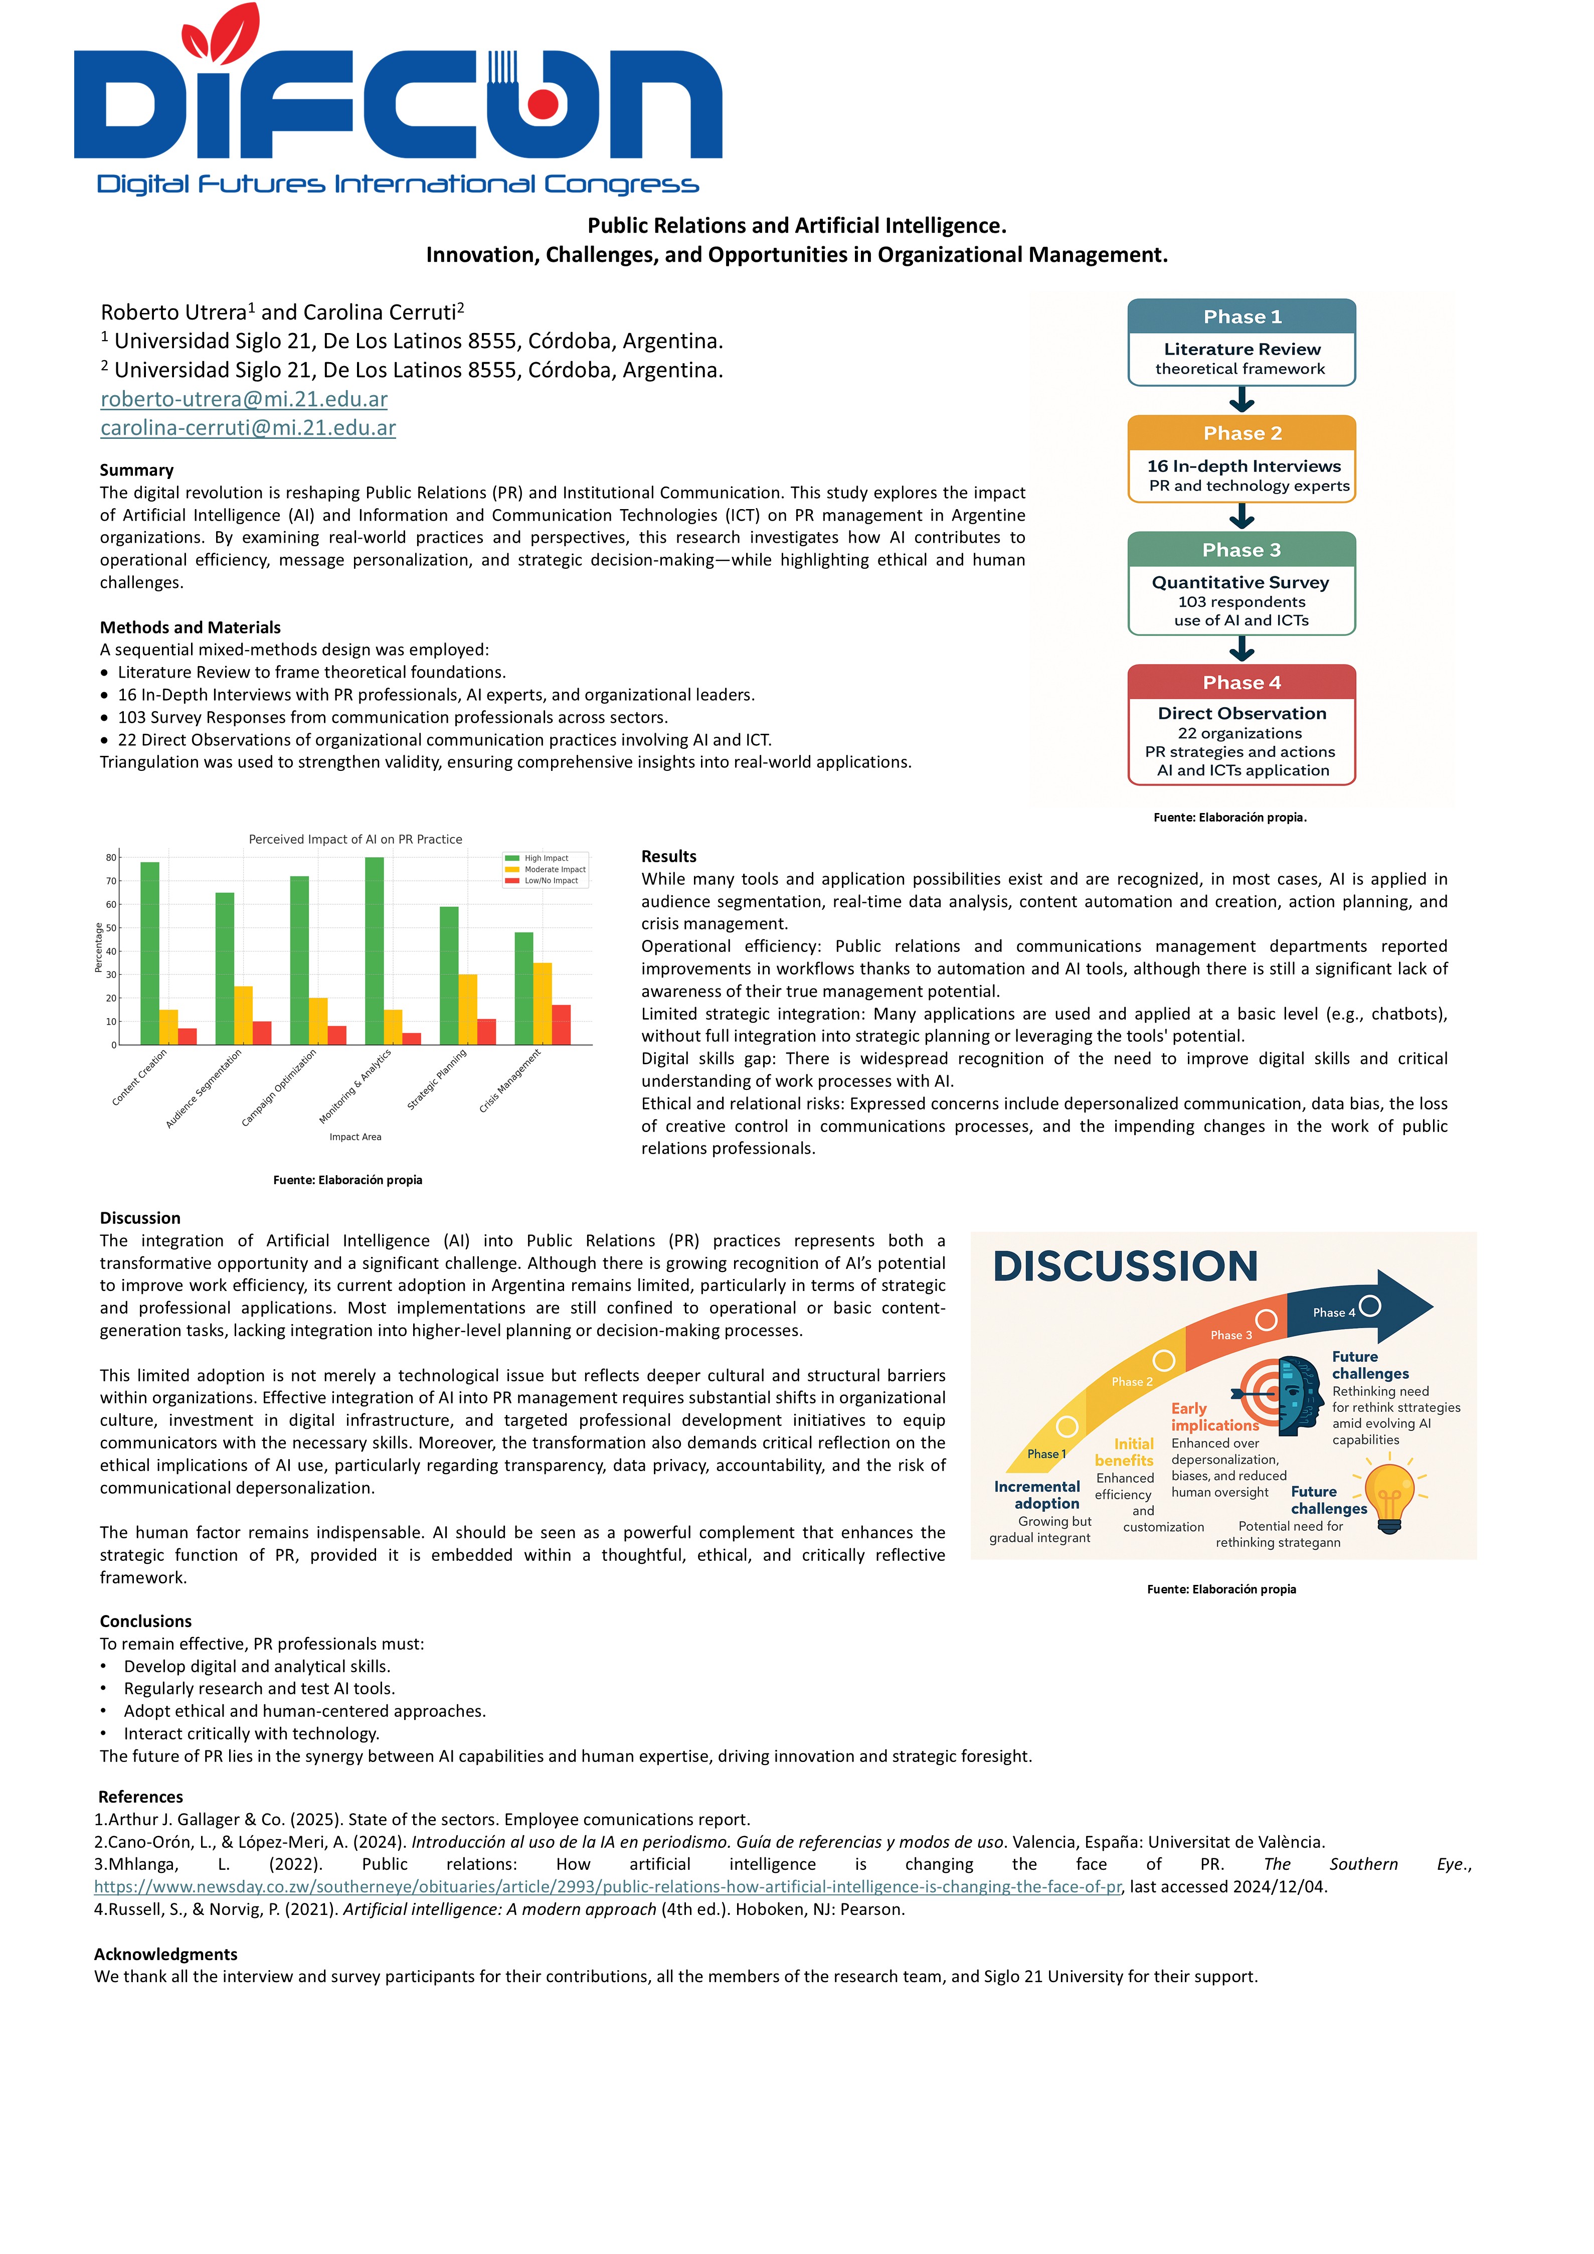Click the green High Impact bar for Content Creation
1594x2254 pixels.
150,952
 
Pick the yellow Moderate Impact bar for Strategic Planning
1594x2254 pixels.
468,1008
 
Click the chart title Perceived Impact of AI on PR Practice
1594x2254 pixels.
356,840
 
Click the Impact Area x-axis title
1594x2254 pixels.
356,1137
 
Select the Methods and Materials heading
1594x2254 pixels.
190,627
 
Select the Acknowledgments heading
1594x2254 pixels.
166,1954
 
